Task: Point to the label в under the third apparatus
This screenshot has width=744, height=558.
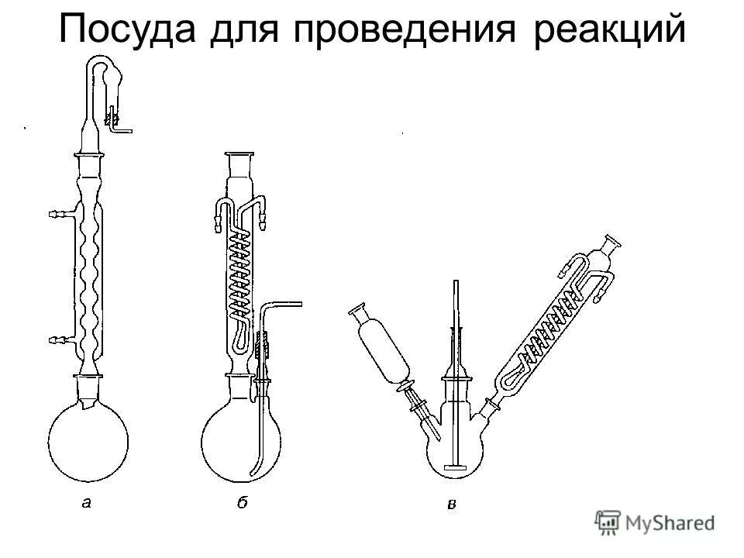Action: (452, 505)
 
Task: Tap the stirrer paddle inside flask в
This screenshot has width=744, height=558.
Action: (456, 467)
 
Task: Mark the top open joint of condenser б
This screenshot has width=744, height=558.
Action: (242, 157)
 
